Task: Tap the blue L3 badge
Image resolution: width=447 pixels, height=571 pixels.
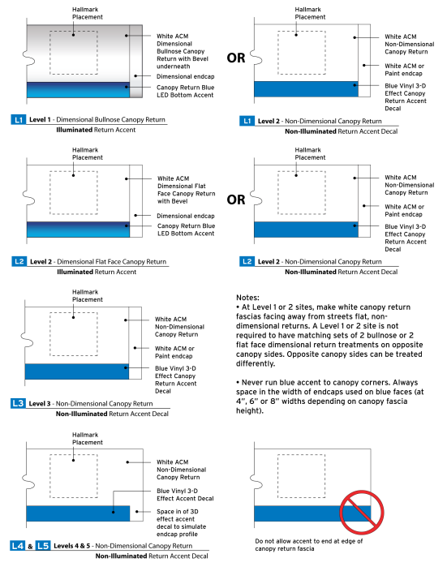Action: click(x=18, y=403)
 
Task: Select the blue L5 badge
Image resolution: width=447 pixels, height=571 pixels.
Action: click(x=43, y=546)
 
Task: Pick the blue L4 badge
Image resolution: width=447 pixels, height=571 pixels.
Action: click(x=18, y=546)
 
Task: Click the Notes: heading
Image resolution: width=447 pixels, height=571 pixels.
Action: click(x=247, y=297)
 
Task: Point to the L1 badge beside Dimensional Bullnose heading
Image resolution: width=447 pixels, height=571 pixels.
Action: click(x=18, y=119)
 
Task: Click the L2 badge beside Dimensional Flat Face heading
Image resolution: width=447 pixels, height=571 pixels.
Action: click(x=19, y=261)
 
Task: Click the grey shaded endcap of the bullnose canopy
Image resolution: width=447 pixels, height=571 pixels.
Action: click(x=136, y=61)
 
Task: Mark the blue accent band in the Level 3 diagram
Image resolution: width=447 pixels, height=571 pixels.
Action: click(x=77, y=371)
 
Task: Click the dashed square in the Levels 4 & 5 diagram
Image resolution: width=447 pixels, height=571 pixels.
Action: click(x=74, y=455)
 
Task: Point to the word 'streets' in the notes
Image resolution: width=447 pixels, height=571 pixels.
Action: click(x=339, y=316)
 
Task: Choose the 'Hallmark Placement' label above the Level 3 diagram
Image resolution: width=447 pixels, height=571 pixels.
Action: click(x=88, y=296)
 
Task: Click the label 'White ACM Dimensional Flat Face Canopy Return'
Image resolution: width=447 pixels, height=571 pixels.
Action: click(x=186, y=190)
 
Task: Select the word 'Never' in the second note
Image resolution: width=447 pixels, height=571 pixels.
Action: click(x=251, y=382)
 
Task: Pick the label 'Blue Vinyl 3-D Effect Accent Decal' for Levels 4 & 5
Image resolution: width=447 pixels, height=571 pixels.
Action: click(x=185, y=495)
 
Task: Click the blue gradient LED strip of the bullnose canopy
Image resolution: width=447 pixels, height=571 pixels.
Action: click(x=78, y=90)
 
